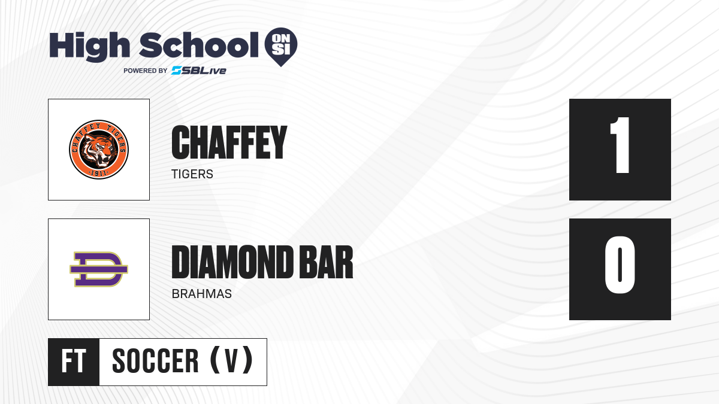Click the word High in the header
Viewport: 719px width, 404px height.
[x=89, y=47]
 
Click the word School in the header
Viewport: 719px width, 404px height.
[x=199, y=45]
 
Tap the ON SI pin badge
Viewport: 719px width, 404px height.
[x=281, y=47]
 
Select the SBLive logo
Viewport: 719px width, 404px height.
[x=199, y=71]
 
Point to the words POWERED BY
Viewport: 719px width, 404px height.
[x=146, y=71]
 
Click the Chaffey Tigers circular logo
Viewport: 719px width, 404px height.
[x=99, y=150]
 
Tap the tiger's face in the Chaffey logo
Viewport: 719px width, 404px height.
[x=99, y=150]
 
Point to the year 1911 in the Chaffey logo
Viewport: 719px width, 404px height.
[x=99, y=174]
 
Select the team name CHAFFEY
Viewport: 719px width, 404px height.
[x=229, y=142]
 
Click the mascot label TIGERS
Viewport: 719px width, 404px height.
[x=192, y=174]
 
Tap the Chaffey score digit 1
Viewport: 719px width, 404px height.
[x=621, y=145]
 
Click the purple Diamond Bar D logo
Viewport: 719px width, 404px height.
[x=99, y=269]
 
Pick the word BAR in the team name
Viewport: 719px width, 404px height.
[x=326, y=262]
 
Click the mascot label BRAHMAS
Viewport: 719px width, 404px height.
[x=201, y=294]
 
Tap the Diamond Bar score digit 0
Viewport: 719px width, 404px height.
[x=620, y=265]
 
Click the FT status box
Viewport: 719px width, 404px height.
[x=74, y=362]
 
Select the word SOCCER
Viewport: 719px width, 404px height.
[x=155, y=361]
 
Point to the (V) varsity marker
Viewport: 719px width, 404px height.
[x=231, y=360]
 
